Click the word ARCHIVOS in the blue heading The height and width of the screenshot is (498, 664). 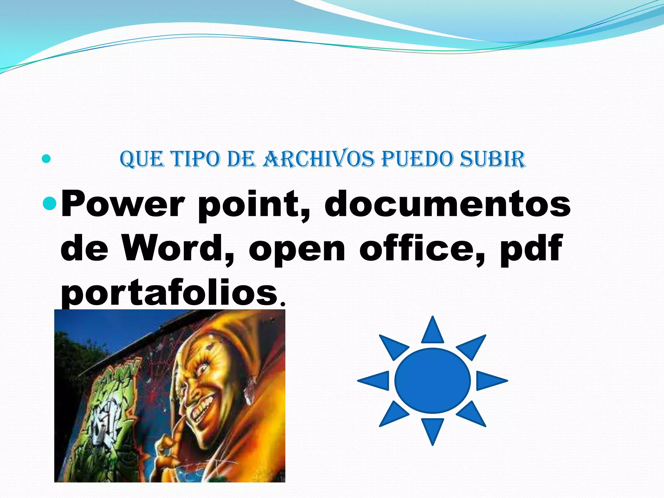point(318,159)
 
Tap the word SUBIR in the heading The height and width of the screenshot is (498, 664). point(492,159)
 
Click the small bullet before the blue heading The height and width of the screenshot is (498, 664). point(46,159)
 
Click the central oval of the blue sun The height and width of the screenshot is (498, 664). point(432,381)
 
